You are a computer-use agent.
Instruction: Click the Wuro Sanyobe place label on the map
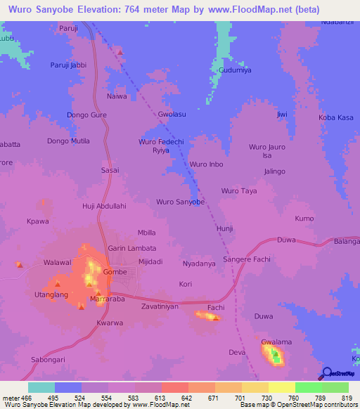coord(180,202)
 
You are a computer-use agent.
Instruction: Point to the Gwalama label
coord(276,342)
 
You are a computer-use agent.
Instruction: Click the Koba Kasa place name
coord(336,117)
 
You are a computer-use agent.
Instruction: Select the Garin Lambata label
coord(131,248)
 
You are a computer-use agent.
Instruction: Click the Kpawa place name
coord(37,221)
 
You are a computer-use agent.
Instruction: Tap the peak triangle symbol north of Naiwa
coord(120,52)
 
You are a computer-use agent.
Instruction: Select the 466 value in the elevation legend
coord(27,398)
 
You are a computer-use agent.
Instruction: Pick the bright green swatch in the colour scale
coord(308,387)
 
